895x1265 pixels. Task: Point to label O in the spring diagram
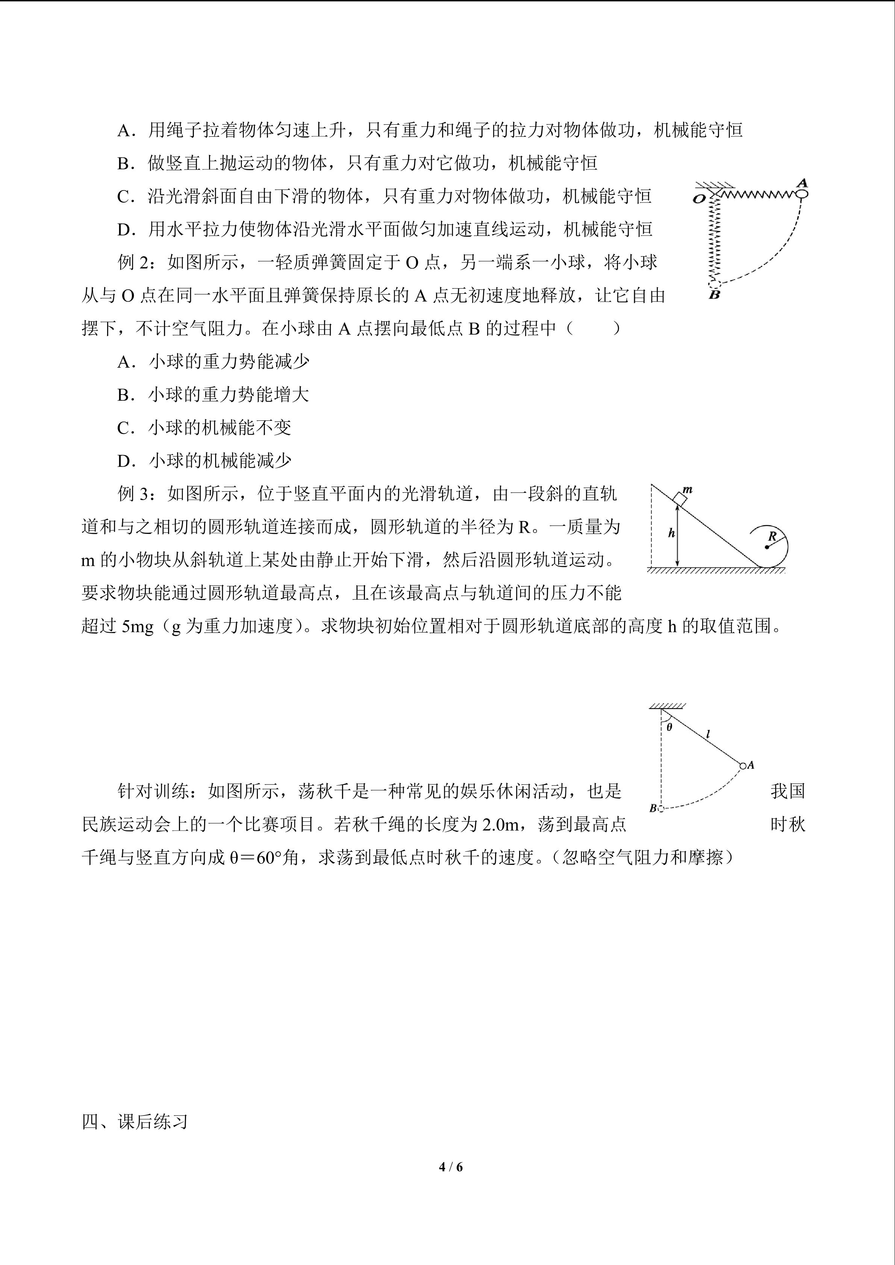[699, 199]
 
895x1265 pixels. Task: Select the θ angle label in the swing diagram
[669, 727]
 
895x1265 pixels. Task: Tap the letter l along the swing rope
[708, 734]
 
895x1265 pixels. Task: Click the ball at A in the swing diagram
[743, 766]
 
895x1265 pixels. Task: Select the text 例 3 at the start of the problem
[133, 494]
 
